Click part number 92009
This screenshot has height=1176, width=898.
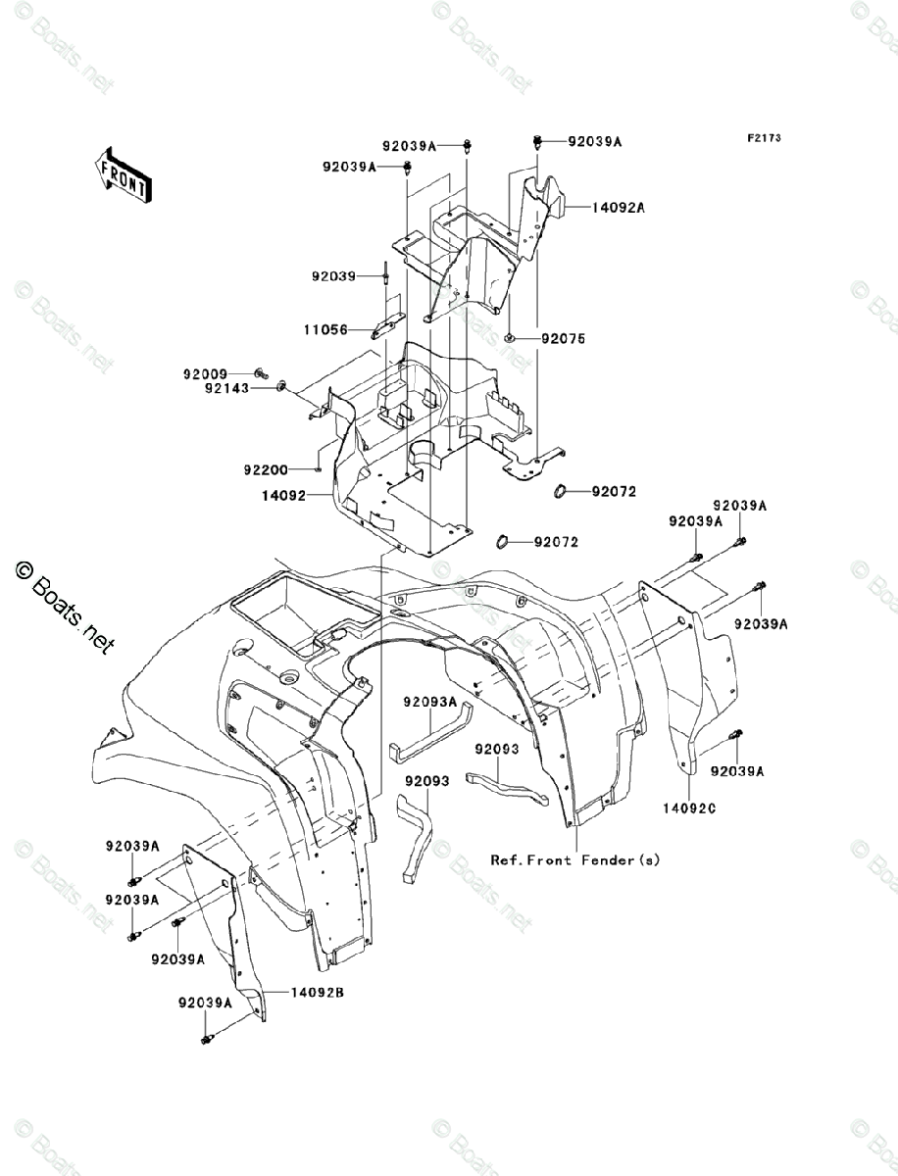point(204,373)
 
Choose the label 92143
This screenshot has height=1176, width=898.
point(226,389)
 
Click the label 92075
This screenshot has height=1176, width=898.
point(563,339)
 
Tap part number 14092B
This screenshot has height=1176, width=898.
point(318,993)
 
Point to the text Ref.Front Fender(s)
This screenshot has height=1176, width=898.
point(575,859)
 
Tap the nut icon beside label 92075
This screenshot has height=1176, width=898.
point(514,339)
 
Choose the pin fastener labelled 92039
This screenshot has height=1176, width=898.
point(388,276)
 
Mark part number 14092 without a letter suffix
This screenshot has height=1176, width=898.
point(284,497)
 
